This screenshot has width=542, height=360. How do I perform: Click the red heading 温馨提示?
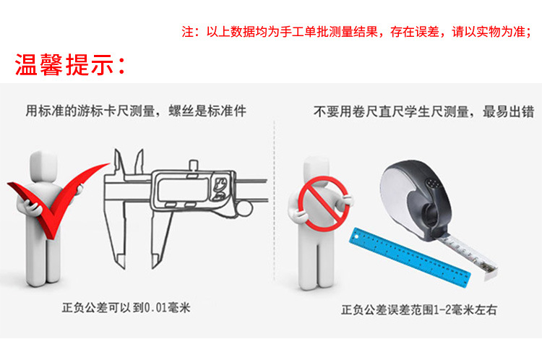pyautogui.click(x=69, y=64)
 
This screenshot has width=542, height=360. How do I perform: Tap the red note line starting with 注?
pyautogui.click(x=356, y=32)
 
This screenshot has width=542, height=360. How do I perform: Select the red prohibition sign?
pyautogui.click(x=324, y=204)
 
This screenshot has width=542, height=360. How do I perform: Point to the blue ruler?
pyautogui.click(x=410, y=257)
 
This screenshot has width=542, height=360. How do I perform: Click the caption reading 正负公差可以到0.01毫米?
pyautogui.click(x=126, y=307)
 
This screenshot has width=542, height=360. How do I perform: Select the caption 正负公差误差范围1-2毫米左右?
pyautogui.click(x=419, y=309)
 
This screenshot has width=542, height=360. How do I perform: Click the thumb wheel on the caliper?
pyautogui.click(x=244, y=209)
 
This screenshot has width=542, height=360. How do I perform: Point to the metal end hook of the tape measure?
pyautogui.click(x=491, y=272)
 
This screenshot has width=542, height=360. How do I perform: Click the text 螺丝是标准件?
pyautogui.click(x=207, y=111)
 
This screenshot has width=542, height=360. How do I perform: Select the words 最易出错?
pyautogui.click(x=508, y=112)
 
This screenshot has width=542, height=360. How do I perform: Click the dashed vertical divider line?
pyautogui.click(x=275, y=201)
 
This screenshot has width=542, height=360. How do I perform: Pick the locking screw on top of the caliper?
pyautogui.click(x=194, y=165)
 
